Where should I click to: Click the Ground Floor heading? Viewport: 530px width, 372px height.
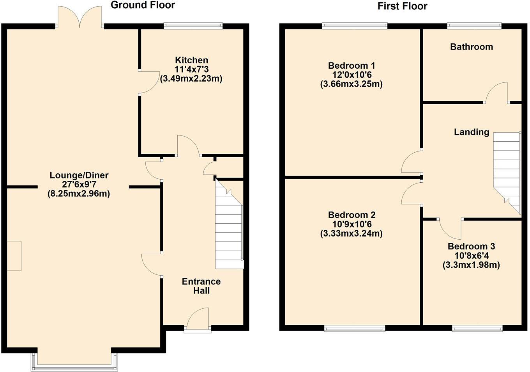coord(143,5)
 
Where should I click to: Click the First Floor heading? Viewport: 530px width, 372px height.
coord(402,6)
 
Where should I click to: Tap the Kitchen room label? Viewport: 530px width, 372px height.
coord(191,60)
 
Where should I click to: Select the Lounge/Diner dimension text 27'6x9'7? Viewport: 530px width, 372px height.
coord(79,185)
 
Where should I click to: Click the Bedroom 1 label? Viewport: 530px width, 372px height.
coord(351,66)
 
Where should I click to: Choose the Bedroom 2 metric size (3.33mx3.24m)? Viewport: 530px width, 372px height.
coord(351,234)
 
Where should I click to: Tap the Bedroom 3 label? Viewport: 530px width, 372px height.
coord(471,246)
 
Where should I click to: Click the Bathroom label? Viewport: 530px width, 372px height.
coord(471,47)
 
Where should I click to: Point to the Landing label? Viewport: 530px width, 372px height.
coord(471,132)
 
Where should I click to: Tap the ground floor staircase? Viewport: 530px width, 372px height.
coord(229,234)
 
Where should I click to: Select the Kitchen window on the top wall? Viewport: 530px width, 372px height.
coord(193,26)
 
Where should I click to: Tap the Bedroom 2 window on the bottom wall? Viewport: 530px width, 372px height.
coord(355,329)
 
